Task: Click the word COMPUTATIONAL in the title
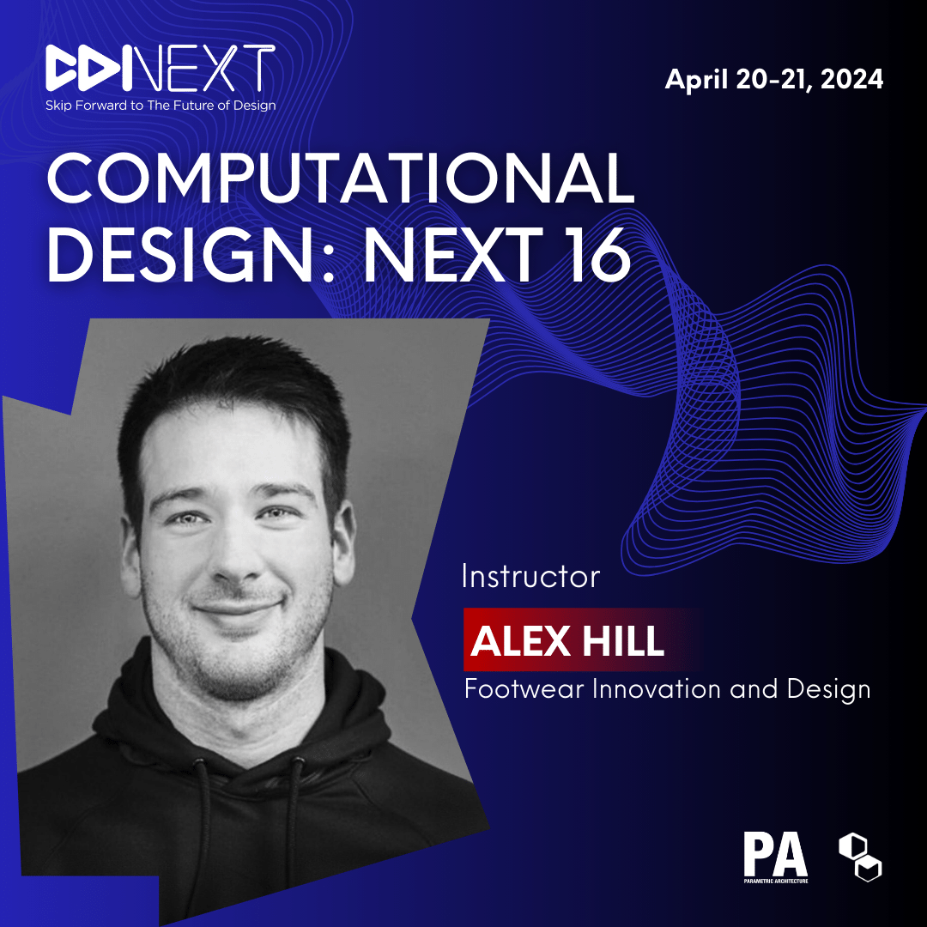point(341,178)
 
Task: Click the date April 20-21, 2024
point(774,79)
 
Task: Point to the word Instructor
point(530,577)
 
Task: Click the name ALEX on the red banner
point(520,641)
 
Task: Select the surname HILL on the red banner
point(623,641)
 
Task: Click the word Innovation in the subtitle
point(655,689)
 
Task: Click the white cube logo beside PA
point(860,857)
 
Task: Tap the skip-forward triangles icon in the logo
point(88,69)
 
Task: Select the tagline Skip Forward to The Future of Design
point(161,106)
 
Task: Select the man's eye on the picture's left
point(186,518)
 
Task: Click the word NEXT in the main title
point(453,256)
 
